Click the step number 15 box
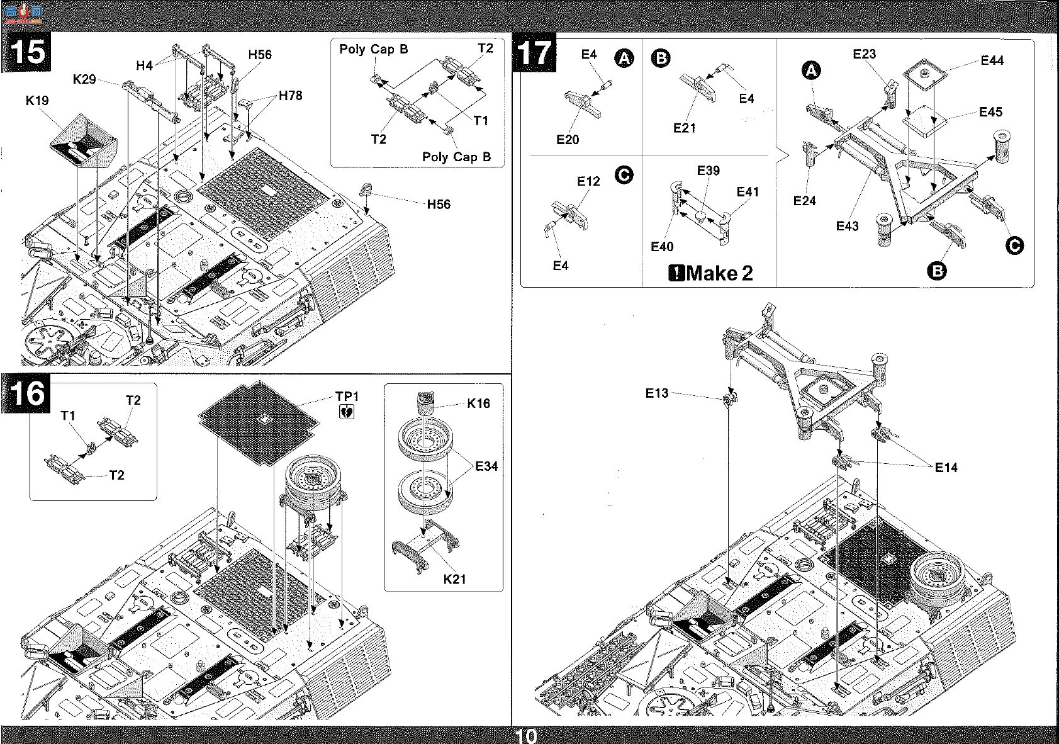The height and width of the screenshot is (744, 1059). [27, 52]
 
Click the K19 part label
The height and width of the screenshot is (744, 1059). [37, 100]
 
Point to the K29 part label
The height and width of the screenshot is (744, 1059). [84, 79]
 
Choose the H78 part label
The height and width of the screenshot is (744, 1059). [290, 96]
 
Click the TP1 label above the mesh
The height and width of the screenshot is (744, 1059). [347, 397]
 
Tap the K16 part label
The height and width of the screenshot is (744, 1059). [478, 403]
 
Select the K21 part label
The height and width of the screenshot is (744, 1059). [454, 579]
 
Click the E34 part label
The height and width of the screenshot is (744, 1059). [486, 466]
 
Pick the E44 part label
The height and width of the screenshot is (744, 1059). [992, 60]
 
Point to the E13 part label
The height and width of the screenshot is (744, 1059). [657, 393]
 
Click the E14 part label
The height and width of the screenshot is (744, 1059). [946, 468]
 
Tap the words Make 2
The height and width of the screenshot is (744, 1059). [719, 273]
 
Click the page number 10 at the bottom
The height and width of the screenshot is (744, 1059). [525, 736]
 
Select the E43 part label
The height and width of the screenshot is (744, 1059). [847, 226]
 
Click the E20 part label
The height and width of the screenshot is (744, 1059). [568, 140]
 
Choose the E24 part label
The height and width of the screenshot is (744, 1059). [805, 201]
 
